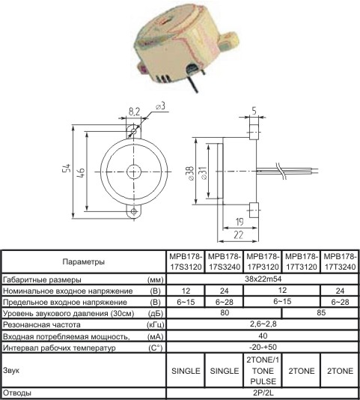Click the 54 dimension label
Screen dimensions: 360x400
point(67,172)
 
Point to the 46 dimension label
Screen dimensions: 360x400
point(80,172)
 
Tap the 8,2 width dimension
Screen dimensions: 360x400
point(134,112)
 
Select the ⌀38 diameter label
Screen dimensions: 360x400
point(191,173)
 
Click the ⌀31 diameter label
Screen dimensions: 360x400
point(204,173)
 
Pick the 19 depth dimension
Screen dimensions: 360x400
point(240,222)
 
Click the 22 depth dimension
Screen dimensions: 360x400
point(239,234)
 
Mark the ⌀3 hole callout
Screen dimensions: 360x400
point(161,106)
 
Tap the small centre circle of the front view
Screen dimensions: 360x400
point(134,172)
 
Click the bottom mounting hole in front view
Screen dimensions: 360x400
point(134,211)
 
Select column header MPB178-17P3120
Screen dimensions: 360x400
point(263,261)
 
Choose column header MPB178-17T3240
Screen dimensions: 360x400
point(340,261)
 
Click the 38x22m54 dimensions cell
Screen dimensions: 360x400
point(263,279)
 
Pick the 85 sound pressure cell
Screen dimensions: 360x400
point(321,312)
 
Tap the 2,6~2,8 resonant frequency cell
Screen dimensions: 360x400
point(263,324)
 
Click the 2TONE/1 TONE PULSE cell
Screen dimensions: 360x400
point(263,370)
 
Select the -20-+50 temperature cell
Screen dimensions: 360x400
point(263,347)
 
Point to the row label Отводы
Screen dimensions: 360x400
point(17,393)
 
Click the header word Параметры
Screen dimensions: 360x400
point(84,261)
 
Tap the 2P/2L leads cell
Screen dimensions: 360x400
point(263,393)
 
